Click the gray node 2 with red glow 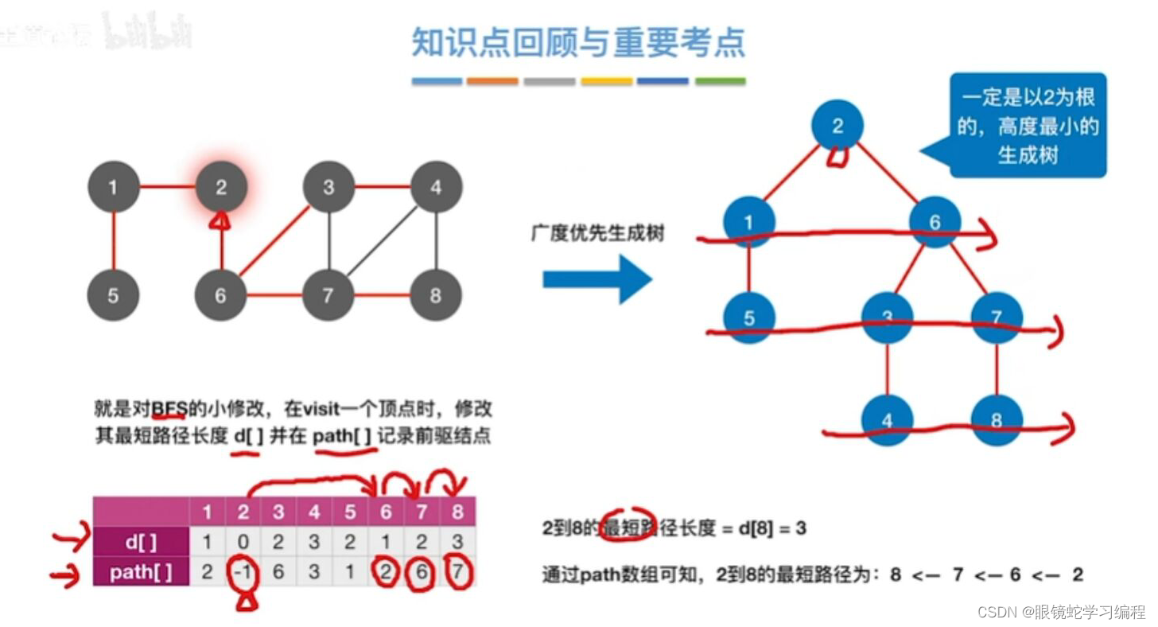(x=221, y=188)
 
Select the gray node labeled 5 (x=113, y=295)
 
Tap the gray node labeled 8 (x=435, y=295)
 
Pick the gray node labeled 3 (x=328, y=188)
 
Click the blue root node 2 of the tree (x=837, y=125)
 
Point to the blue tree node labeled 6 (x=935, y=222)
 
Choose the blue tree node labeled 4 (x=887, y=420)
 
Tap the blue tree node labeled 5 (x=749, y=318)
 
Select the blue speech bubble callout (x=1028, y=125)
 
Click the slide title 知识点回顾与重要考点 (x=578, y=42)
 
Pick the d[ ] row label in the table (x=141, y=543)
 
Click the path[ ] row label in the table (x=141, y=572)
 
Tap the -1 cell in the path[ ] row (x=243, y=572)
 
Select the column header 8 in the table (x=457, y=512)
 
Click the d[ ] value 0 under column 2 (x=243, y=543)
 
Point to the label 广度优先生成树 (x=597, y=233)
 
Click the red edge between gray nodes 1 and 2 (x=167, y=188)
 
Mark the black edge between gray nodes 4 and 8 (x=436, y=241)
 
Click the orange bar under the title (x=492, y=81)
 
